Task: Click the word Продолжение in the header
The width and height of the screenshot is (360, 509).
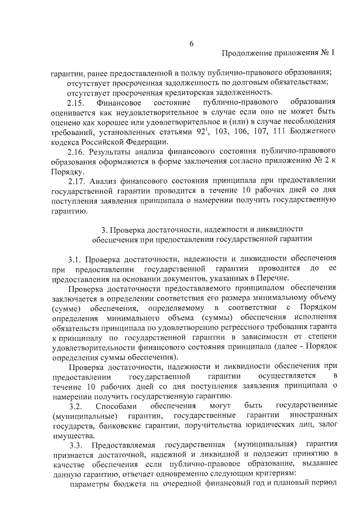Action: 245,54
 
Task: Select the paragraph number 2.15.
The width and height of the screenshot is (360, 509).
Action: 75,103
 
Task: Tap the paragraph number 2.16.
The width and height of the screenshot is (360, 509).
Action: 75,151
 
